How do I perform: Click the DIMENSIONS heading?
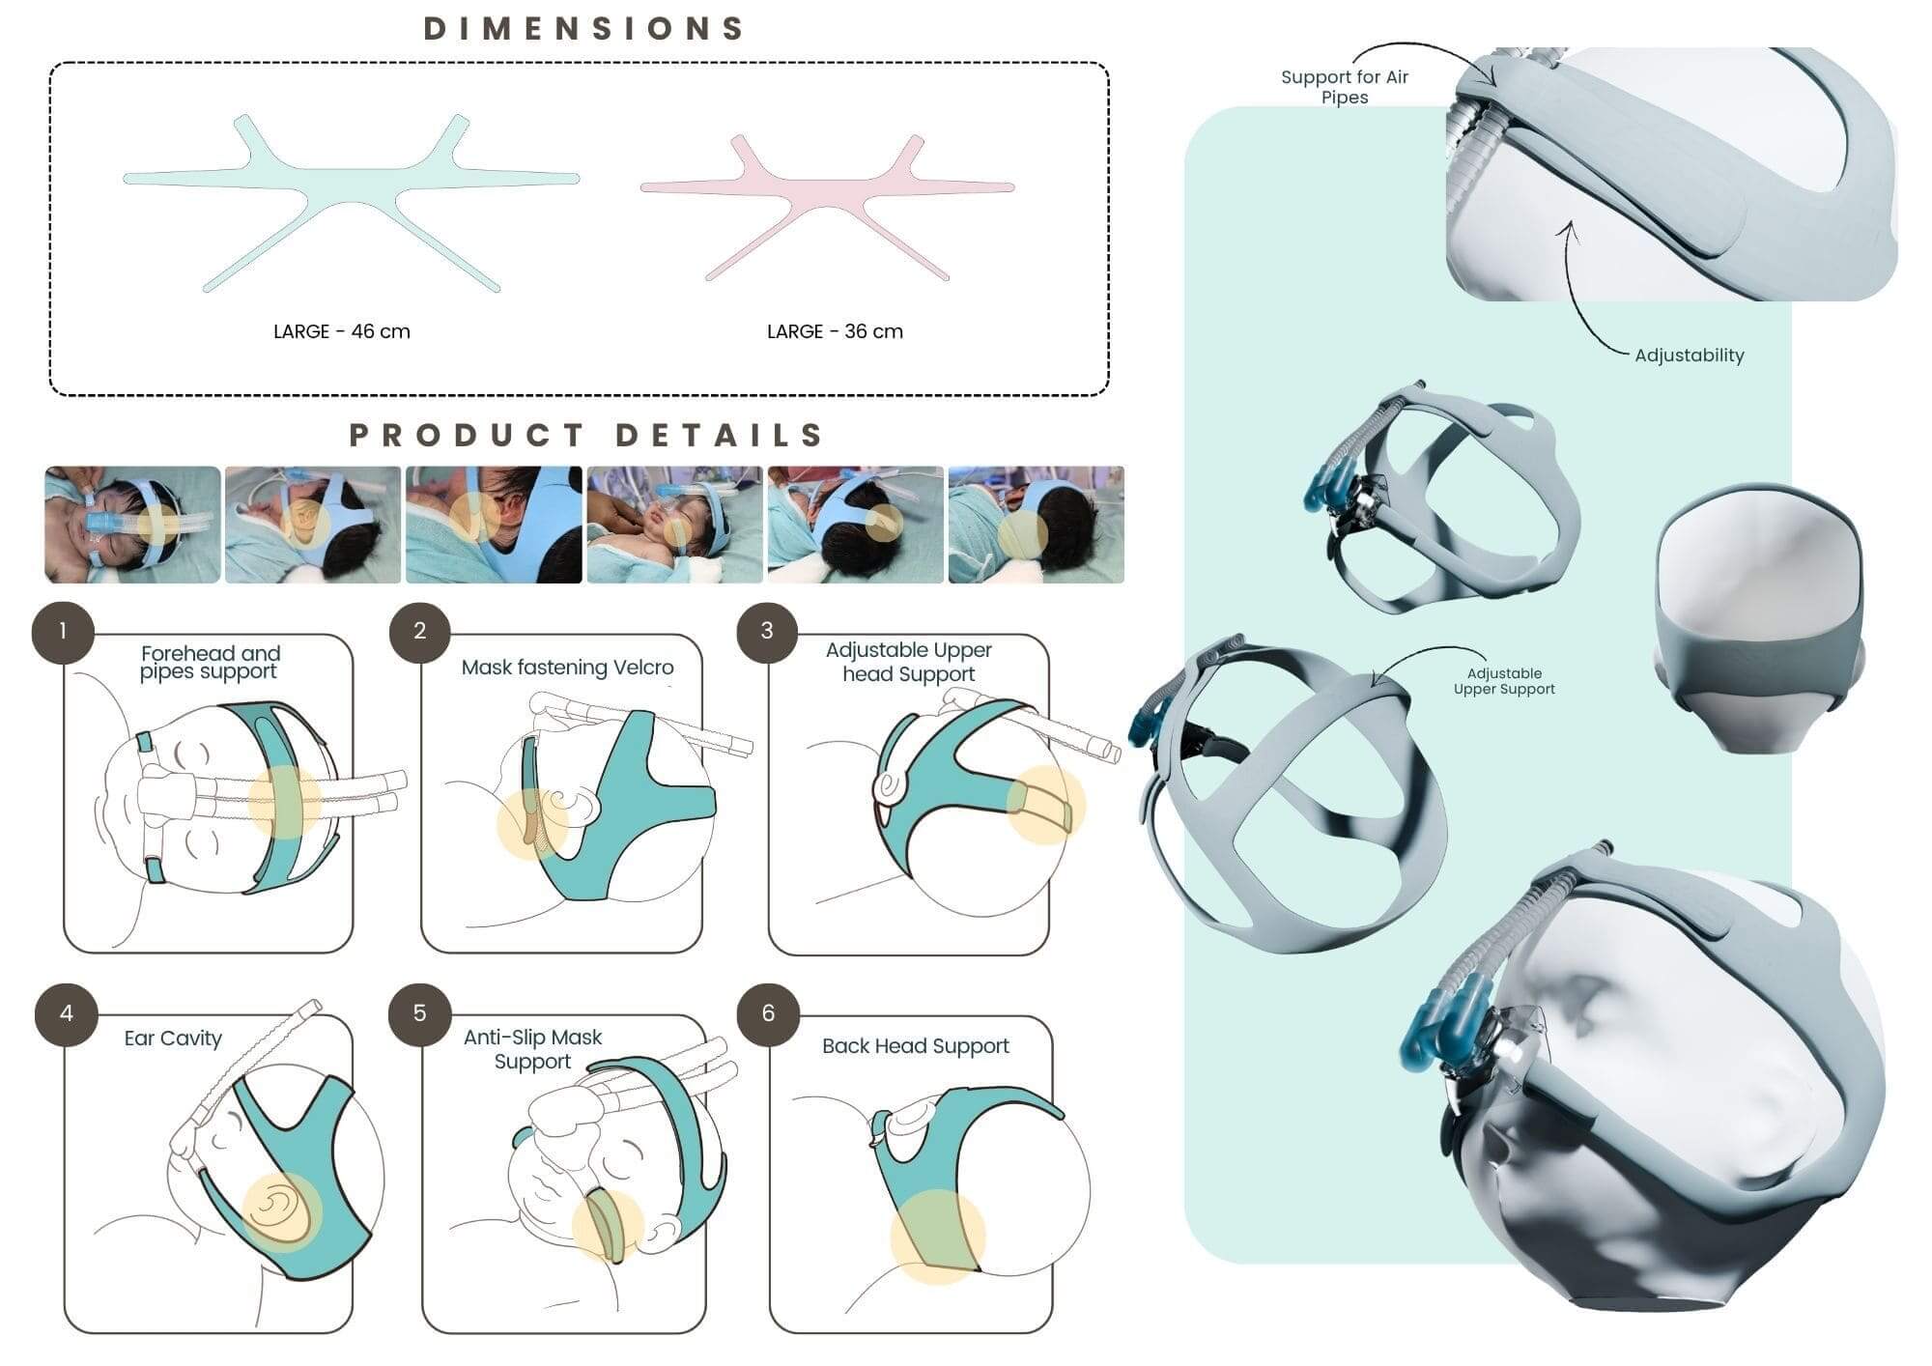click(584, 29)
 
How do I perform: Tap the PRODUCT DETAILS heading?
click(586, 435)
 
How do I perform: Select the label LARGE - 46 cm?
click(342, 331)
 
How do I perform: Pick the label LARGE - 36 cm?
click(835, 331)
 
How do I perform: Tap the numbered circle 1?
click(63, 632)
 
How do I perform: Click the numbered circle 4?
click(66, 1013)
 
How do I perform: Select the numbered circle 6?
click(768, 1013)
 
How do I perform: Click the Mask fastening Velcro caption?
click(567, 668)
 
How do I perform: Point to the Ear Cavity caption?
click(173, 1039)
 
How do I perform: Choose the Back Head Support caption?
click(915, 1046)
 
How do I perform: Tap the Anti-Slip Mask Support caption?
click(532, 1049)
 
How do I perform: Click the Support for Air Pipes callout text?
click(1345, 87)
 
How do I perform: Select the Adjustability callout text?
click(1690, 356)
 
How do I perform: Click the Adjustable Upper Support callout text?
click(1504, 681)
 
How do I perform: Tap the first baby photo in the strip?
click(132, 525)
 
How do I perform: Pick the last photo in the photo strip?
click(1037, 525)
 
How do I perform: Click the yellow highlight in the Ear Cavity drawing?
click(281, 1212)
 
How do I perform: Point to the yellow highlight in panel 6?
click(937, 1237)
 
